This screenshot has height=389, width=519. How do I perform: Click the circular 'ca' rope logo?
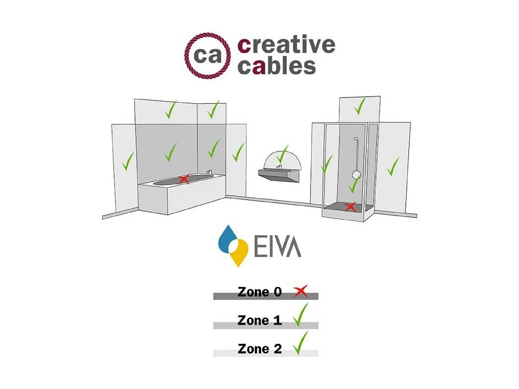point(207,56)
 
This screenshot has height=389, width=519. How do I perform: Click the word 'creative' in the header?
point(286,45)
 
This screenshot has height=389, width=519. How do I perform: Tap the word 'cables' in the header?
point(276,66)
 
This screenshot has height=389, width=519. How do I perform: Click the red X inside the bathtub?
point(184,179)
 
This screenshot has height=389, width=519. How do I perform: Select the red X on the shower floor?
point(350,207)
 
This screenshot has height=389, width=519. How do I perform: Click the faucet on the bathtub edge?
point(209,172)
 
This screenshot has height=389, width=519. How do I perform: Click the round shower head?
point(356,175)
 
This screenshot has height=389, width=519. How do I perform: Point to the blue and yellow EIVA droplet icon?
point(233,246)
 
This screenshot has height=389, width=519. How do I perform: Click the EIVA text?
point(277,247)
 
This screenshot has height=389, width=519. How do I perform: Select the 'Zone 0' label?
point(259,292)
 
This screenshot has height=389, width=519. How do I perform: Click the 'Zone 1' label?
point(259,320)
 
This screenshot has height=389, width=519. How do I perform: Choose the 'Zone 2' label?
point(259,349)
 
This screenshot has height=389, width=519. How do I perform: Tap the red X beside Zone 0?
point(301,291)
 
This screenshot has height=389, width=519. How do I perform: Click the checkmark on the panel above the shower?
point(360,106)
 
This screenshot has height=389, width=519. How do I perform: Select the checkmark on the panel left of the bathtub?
point(128,161)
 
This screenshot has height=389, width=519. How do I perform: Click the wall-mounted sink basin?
point(279,174)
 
